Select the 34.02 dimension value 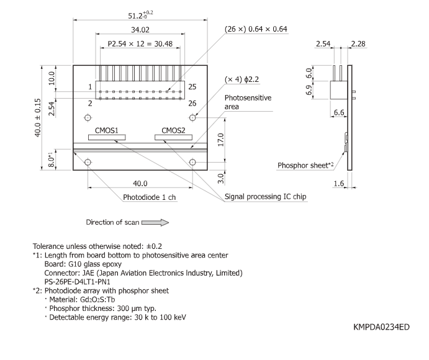coord(140,29)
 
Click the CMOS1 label coord(107,131)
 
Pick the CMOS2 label coord(173,131)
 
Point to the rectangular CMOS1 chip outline coord(107,138)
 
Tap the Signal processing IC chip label coord(266,196)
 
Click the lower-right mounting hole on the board coord(193,162)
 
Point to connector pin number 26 coord(193,102)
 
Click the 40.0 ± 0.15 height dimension coord(38,118)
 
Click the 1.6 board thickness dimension coord(339,184)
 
